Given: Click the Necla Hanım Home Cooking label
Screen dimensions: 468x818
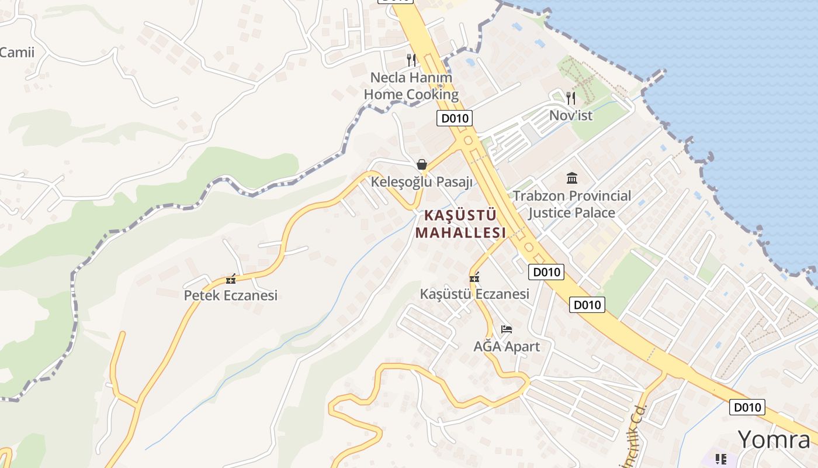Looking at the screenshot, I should tap(411, 85).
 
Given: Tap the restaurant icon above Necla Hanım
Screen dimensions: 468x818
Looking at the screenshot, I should tap(411, 60).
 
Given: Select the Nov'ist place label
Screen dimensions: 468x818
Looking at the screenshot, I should tap(570, 115).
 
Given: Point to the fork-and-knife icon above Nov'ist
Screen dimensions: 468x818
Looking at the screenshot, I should tap(571, 98).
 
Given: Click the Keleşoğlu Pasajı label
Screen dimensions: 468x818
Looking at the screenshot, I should tap(421, 182).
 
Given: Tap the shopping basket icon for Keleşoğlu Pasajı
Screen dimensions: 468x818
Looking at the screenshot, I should tap(422, 164).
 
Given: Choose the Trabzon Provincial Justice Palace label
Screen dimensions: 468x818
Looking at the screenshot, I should tap(571, 204).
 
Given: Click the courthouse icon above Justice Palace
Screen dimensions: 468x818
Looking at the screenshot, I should tap(571, 178).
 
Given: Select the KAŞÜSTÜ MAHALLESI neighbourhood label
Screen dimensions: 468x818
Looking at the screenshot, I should tap(460, 223).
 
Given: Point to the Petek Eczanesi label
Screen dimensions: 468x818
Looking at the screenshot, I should tap(230, 295).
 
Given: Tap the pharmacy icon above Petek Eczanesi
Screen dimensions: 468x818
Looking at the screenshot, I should tap(231, 278).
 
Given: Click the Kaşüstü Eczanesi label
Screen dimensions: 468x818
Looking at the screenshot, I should tap(474, 294).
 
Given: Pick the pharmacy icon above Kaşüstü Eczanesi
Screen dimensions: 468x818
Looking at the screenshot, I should tap(474, 277).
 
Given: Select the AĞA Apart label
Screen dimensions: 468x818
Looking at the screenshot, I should tap(506, 346).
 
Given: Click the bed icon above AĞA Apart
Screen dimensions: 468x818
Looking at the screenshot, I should tap(506, 329).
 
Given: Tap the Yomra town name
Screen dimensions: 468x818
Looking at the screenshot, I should tap(774, 439).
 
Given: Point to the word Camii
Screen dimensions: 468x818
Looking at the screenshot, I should tap(17, 52).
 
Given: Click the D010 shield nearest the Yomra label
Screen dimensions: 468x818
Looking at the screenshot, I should tap(747, 407).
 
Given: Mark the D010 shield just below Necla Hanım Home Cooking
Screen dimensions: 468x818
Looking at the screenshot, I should tap(454, 118).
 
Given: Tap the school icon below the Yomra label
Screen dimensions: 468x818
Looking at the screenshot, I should tap(721, 459).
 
